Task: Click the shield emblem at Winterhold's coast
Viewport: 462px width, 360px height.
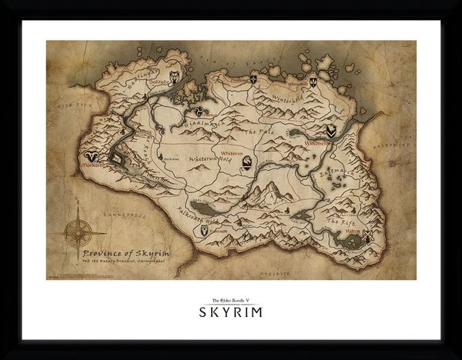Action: [314, 80]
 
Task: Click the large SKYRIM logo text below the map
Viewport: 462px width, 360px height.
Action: [230, 312]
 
